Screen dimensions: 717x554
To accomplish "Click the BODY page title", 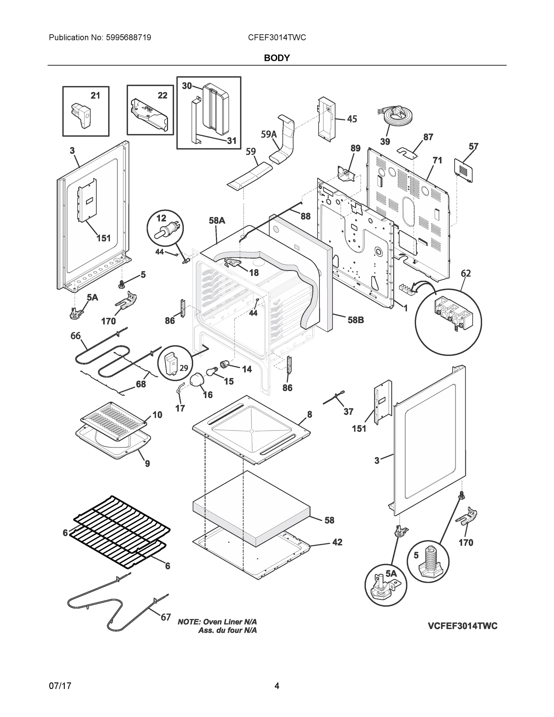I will tap(277, 58).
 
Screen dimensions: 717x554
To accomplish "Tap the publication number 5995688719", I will tap(128, 38).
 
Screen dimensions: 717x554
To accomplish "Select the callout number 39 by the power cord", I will tap(385, 142).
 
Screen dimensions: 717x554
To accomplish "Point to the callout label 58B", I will tap(356, 320).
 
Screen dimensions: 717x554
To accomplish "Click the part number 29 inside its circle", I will tap(184, 368).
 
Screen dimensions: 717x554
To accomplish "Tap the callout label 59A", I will tap(269, 134).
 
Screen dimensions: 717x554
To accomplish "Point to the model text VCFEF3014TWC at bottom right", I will tap(462, 626).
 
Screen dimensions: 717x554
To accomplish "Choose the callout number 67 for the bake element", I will tap(165, 617).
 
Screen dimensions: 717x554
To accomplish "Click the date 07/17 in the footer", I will tap(60, 686).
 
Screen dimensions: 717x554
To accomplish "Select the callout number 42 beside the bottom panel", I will tap(337, 542).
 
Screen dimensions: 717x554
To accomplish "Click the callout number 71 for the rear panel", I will tap(437, 160).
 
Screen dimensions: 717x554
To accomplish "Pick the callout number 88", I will tap(305, 216).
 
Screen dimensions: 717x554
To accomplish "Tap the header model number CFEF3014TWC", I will tap(277, 38).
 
